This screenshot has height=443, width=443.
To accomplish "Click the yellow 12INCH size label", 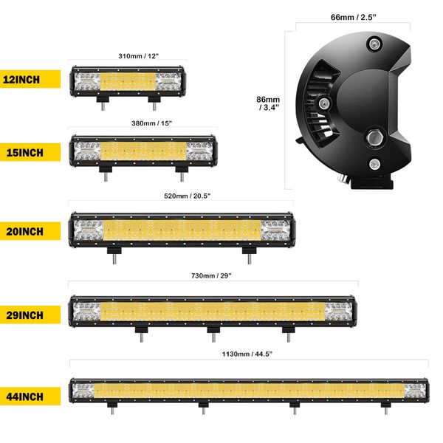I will click(x=30, y=80).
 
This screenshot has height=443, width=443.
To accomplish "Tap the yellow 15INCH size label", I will click(x=30, y=153).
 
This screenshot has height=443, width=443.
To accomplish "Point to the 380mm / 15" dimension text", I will click(x=141, y=123).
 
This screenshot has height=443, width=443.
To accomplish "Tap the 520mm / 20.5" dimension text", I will click(x=180, y=197).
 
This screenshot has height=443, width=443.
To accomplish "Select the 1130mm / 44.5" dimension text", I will click(x=247, y=354).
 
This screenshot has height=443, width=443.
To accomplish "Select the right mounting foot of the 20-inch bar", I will click(x=249, y=254).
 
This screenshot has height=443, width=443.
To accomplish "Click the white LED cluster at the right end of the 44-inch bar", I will click(x=415, y=391).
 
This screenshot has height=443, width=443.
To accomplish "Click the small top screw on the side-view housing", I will click(x=374, y=45).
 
